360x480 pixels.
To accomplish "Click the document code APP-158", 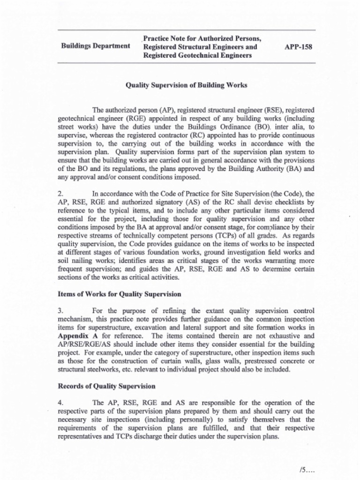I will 298,47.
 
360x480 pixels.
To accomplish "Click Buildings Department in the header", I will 96,46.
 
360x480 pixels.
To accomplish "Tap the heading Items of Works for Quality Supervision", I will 119,294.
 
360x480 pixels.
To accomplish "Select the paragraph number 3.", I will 60,310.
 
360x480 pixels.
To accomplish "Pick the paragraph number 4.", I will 60,403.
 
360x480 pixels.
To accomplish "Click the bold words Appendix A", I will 77,336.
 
